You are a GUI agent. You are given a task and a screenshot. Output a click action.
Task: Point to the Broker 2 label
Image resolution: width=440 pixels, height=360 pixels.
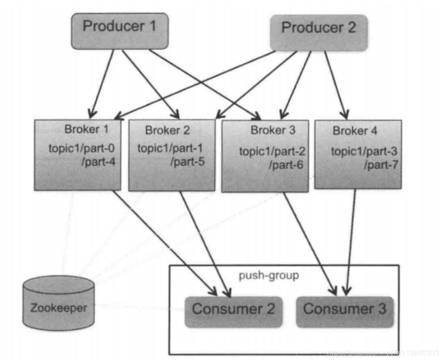[167, 130]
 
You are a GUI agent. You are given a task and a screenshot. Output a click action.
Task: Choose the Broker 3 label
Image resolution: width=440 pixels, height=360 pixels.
[273, 130]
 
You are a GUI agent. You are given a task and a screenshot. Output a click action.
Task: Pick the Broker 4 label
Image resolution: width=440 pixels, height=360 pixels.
[355, 131]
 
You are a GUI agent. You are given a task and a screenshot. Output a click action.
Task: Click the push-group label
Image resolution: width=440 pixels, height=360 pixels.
[269, 276]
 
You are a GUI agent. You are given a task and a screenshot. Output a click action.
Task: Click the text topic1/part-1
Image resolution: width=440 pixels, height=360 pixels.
[169, 149]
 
